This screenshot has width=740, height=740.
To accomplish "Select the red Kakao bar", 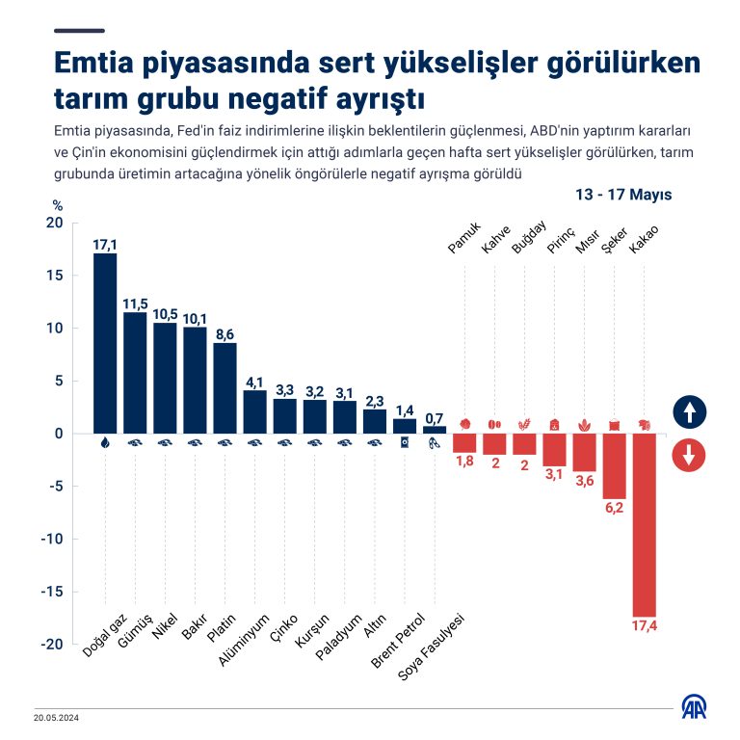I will [644, 524].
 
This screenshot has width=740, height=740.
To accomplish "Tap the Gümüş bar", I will [135, 372].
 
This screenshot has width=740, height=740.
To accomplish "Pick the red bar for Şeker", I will [614, 465].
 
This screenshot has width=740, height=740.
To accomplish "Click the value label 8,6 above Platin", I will [225, 334].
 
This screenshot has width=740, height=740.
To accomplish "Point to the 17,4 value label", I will [645, 627].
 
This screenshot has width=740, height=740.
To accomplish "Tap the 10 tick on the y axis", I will [54, 329].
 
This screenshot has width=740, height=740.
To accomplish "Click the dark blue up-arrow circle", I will [689, 412].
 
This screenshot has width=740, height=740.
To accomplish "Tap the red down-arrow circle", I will [689, 455].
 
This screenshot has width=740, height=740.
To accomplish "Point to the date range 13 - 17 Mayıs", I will [623, 195].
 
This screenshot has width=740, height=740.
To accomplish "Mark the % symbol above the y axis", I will [57, 205].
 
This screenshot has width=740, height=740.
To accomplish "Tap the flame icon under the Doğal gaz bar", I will [105, 443].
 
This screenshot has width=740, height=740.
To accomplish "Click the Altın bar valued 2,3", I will [375, 421].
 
